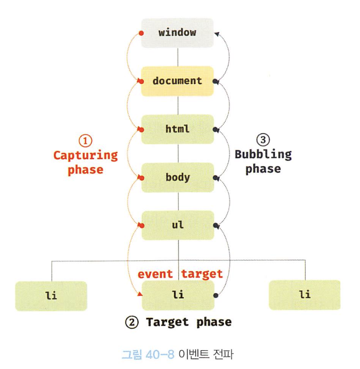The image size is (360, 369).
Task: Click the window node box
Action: point(177,33)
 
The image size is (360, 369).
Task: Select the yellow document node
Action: point(177,81)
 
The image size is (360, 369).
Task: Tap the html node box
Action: point(177,129)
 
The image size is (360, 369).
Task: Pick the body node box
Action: point(177,177)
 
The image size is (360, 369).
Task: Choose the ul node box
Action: point(177,225)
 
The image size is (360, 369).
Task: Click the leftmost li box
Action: point(51,295)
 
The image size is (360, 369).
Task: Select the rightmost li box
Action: point(305,295)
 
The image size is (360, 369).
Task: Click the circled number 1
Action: point(85,141)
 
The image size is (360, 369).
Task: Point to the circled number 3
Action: point(263,140)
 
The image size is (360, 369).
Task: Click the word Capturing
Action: point(85,155)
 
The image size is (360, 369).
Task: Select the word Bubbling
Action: point(263,154)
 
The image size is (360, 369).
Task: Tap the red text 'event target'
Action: point(180,274)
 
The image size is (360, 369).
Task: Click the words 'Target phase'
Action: point(188,322)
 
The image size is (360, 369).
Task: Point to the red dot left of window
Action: point(141,33)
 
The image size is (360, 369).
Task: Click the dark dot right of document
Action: point(215,81)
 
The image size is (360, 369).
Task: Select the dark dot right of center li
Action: point(215,295)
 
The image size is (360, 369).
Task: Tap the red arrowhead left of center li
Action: point(140,294)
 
